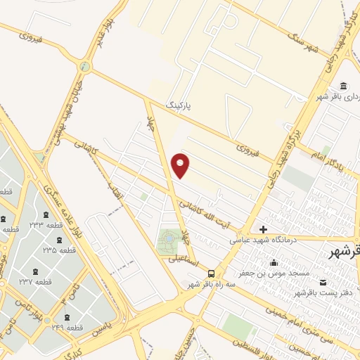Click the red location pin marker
181,165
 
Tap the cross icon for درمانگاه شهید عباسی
263,229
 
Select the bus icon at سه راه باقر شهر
212,274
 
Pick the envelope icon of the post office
323,282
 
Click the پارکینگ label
179,104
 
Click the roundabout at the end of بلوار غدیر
86,67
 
